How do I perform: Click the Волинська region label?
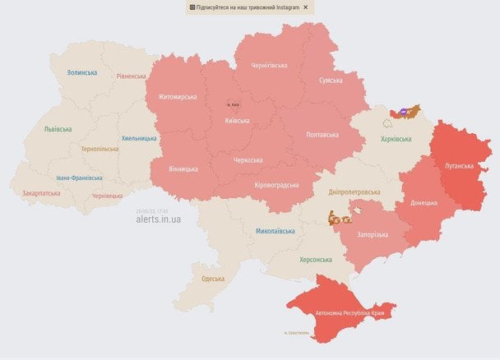click(82, 72)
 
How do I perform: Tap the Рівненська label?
click(131, 76)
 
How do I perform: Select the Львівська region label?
click(58, 129)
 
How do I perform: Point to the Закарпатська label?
click(41, 193)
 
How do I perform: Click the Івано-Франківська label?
click(80, 178)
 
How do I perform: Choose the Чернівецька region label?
click(108, 196)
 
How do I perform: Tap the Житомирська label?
click(172, 97)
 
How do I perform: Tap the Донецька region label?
click(424, 201)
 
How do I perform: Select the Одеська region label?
click(213, 279)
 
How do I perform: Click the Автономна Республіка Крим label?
click(350, 313)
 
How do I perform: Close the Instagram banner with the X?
click(306, 7)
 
